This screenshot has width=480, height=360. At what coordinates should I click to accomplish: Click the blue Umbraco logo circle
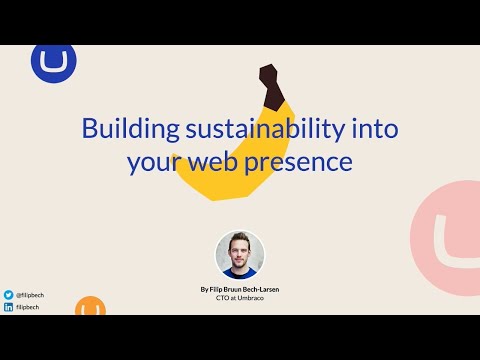tap(47, 62)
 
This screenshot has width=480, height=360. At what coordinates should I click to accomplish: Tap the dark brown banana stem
tap(269, 84)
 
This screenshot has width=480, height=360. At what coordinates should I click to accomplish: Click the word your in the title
tap(151, 161)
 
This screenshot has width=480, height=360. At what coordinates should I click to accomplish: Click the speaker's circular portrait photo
tap(240, 254)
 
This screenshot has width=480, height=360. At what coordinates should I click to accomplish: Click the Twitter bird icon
tap(8, 295)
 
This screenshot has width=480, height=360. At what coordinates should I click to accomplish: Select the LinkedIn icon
tap(8, 307)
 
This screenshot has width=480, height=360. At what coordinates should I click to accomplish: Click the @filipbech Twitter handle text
tap(29, 295)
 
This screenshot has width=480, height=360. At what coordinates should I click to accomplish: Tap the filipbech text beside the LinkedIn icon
tap(27, 307)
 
